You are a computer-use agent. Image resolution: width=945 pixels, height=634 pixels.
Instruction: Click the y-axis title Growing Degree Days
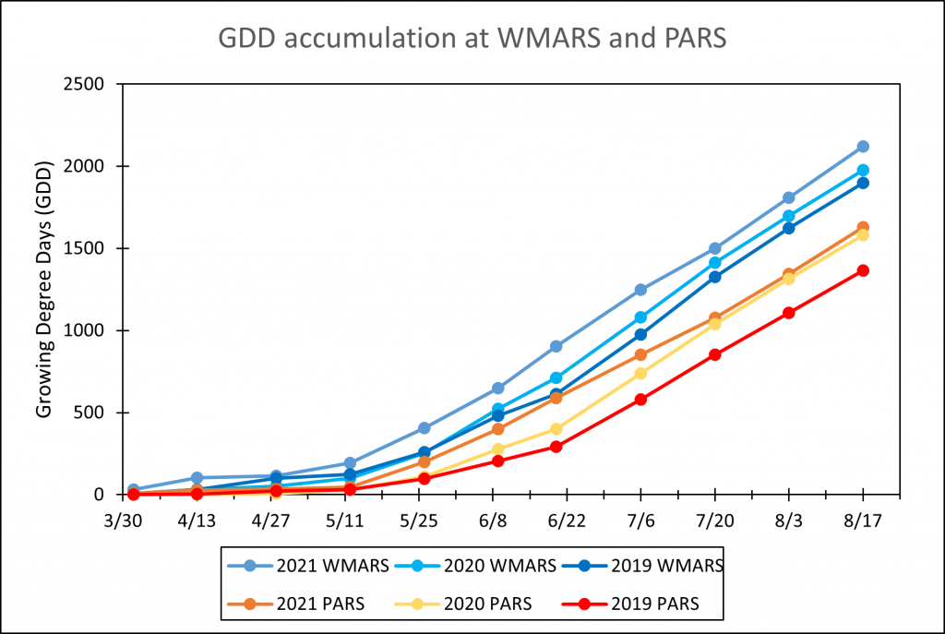click(x=44, y=288)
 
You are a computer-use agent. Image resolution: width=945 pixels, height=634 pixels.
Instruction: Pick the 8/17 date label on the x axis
click(x=863, y=520)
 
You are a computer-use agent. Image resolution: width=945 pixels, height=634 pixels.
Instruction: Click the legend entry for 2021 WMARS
click(x=309, y=565)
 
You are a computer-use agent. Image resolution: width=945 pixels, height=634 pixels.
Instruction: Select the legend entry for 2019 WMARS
click(x=650, y=565)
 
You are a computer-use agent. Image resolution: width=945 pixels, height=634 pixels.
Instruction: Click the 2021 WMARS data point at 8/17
click(x=863, y=147)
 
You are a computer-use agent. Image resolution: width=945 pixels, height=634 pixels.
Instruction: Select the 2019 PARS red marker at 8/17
click(x=863, y=270)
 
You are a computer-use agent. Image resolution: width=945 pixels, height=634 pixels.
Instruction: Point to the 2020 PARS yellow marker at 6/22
click(x=556, y=429)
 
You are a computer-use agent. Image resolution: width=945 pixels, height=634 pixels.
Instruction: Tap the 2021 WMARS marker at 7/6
click(x=640, y=290)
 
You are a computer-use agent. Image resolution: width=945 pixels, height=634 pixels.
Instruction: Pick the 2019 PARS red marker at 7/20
click(x=714, y=354)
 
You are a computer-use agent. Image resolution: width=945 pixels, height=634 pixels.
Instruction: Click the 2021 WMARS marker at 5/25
click(x=425, y=428)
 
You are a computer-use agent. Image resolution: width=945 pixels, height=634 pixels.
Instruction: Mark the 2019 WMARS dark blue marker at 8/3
click(x=789, y=228)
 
